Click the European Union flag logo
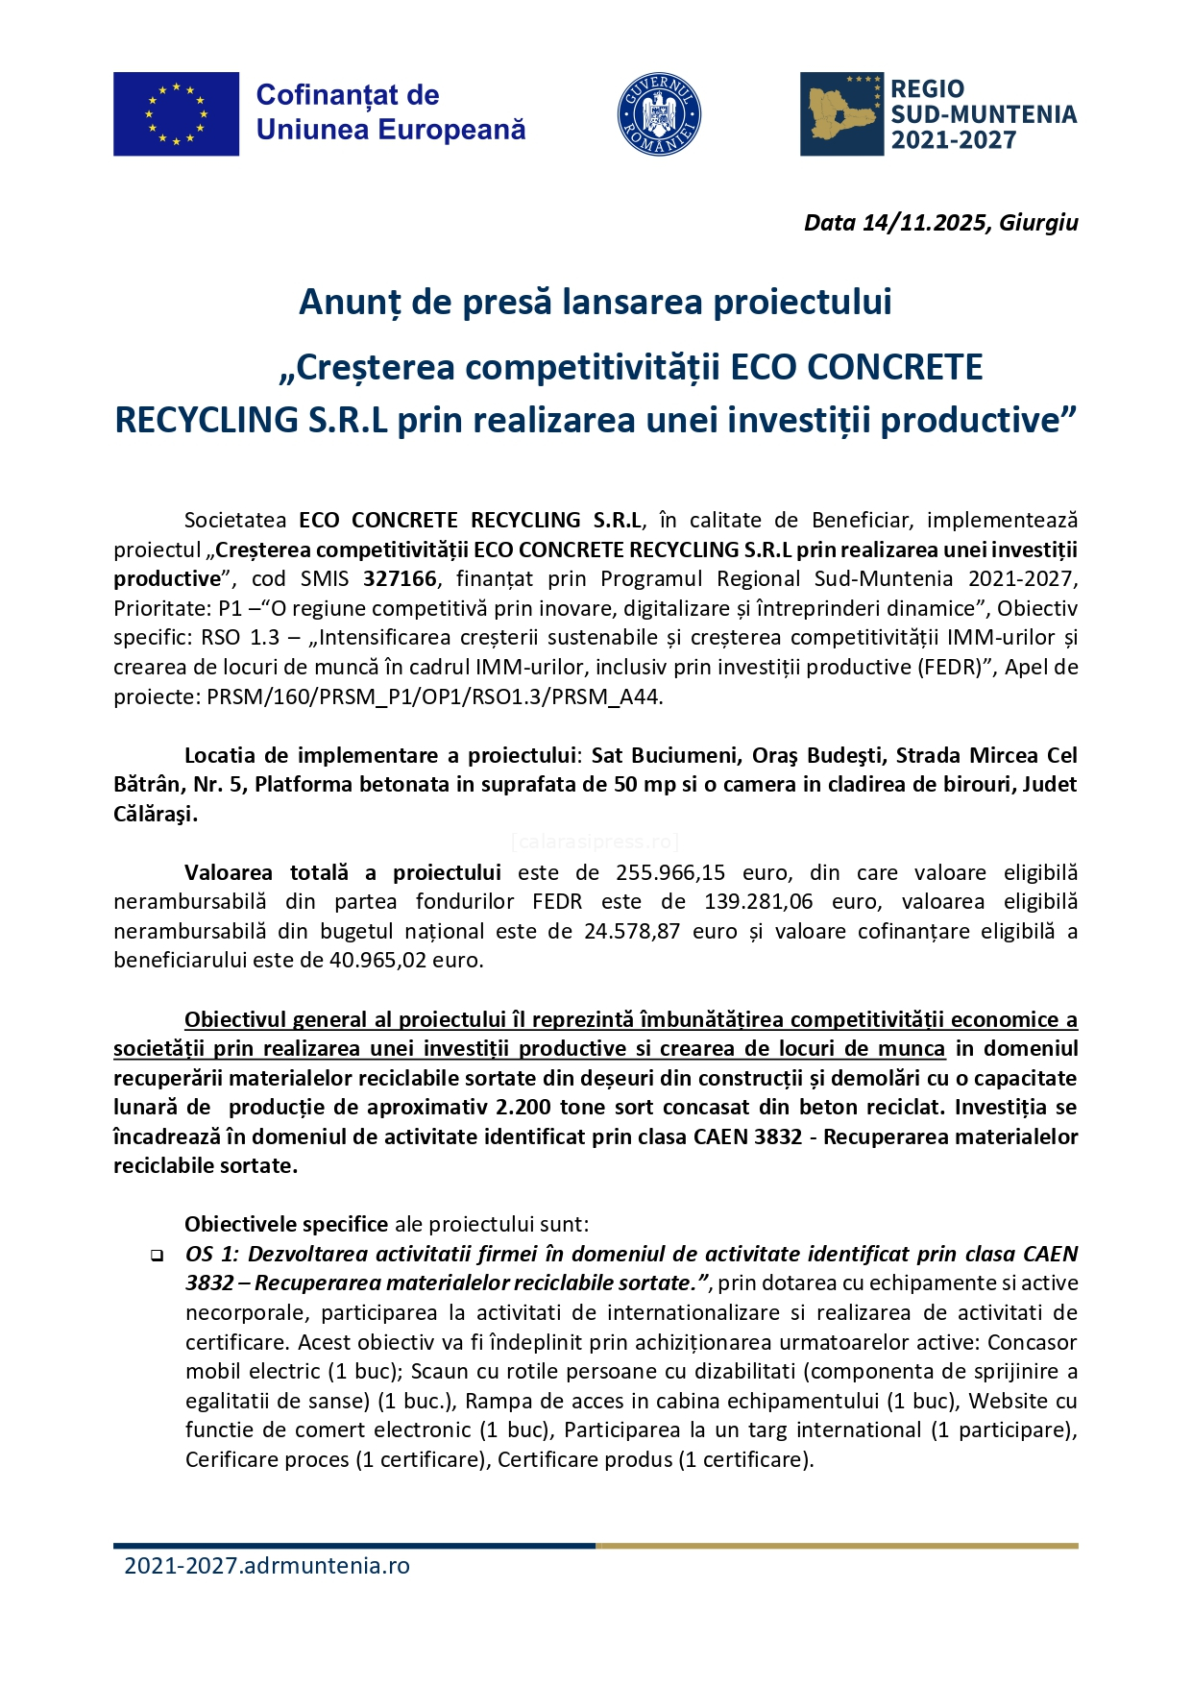[176, 113]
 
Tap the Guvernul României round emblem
[659, 114]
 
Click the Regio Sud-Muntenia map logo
[841, 114]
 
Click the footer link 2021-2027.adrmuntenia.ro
[267, 1566]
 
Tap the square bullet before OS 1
[156, 1256]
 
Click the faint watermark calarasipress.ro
[596, 843]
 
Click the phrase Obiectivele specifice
[286, 1225]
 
